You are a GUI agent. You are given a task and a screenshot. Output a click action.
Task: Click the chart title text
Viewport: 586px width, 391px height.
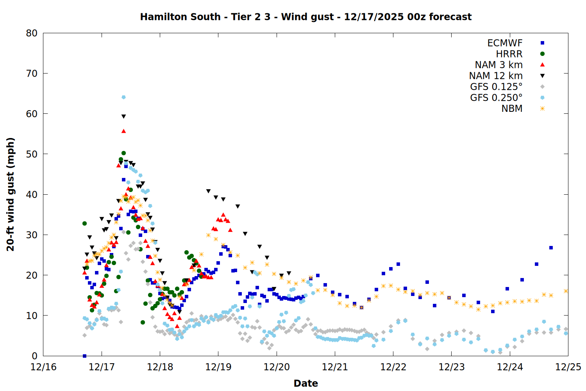click(x=306, y=17)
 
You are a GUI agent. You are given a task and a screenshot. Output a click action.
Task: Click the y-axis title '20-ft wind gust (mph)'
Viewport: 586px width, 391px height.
click(x=11, y=194)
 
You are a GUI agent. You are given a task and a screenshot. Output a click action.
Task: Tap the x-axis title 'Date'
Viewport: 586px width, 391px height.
click(x=306, y=383)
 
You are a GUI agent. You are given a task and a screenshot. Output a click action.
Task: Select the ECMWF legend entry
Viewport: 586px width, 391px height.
click(x=505, y=43)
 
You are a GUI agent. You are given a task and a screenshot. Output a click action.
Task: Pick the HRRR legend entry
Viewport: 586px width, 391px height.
click(x=509, y=54)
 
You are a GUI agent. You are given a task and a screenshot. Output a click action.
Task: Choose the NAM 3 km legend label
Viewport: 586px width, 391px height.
click(x=498, y=65)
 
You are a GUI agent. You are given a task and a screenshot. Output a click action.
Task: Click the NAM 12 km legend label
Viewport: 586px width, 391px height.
click(x=496, y=76)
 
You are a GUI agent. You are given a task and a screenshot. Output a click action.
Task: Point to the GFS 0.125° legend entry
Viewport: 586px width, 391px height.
click(x=496, y=87)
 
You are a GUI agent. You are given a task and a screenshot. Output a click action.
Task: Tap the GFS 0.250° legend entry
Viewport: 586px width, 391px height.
click(x=496, y=98)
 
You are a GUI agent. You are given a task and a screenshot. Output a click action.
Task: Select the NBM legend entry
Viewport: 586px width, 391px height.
click(x=512, y=109)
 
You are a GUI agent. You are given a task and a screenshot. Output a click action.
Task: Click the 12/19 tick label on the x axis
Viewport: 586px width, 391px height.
click(x=218, y=367)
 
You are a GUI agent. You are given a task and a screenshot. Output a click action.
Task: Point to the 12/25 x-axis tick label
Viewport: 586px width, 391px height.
click(x=568, y=367)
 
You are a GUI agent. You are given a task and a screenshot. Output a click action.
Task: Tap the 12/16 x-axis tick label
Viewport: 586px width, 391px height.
click(x=43, y=367)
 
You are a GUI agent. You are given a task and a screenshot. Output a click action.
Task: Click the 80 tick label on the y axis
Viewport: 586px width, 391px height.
click(x=32, y=33)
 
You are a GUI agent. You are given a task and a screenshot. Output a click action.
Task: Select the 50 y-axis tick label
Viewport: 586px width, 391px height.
click(x=32, y=154)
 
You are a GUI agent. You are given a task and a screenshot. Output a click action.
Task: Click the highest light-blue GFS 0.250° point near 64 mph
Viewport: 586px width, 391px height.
click(x=123, y=97)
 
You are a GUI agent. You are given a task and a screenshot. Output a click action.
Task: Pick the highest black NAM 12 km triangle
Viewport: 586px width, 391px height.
click(x=123, y=117)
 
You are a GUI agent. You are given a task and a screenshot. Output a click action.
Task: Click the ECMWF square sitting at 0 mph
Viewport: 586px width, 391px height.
click(x=84, y=356)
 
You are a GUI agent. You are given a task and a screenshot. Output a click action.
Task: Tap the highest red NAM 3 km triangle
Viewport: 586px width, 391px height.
click(x=123, y=131)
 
